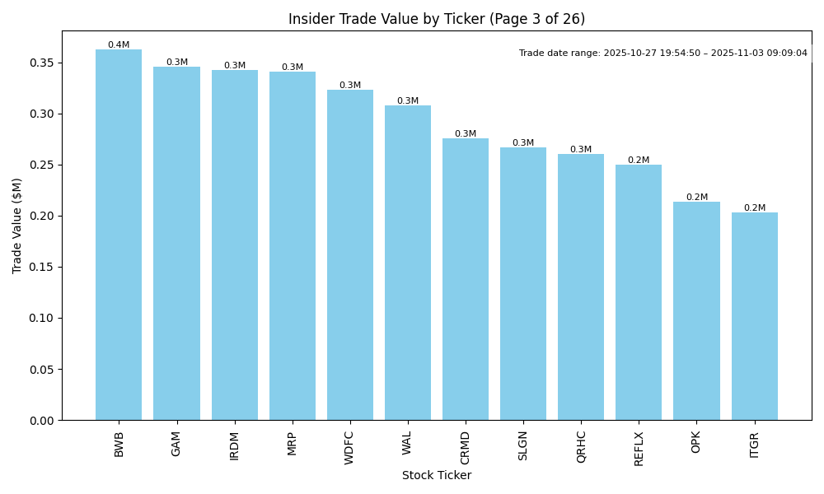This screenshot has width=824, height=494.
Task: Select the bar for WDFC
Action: pyautogui.click(x=349, y=254)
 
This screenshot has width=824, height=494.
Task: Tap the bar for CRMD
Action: pyautogui.click(x=466, y=279)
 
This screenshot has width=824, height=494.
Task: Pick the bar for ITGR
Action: pyautogui.click(x=754, y=316)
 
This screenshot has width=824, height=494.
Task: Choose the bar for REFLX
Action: pyautogui.click(x=639, y=292)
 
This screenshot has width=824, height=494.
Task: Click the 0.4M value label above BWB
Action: pyautogui.click(x=119, y=45)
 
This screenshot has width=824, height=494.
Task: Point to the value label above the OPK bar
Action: pyautogui.click(x=696, y=198)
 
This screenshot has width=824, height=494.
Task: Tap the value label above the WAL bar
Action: pyautogui.click(x=408, y=101)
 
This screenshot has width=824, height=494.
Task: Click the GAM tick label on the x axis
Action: pyautogui.click(x=176, y=444)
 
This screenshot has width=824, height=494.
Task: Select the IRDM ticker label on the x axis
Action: pyautogui.click(x=235, y=445)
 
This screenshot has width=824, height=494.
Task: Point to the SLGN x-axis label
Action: pyautogui.click(x=523, y=445)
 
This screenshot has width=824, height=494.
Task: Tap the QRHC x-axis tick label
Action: pyautogui.click(x=581, y=446)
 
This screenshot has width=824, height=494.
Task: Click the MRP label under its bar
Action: pyautogui.click(x=293, y=444)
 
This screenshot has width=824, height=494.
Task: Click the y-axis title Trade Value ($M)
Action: pyautogui.click(x=17, y=226)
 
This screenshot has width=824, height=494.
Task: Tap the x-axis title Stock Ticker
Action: pyautogui.click(x=437, y=476)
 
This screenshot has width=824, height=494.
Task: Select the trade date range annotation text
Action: pyautogui.click(x=663, y=54)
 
